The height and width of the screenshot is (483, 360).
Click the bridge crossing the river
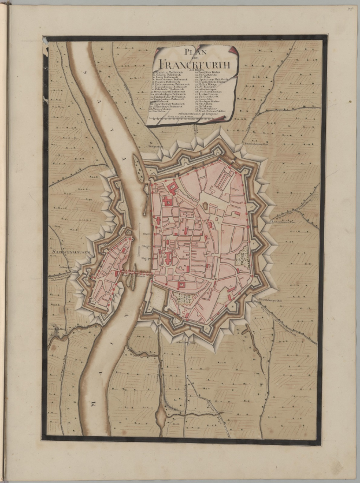point(135,271)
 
